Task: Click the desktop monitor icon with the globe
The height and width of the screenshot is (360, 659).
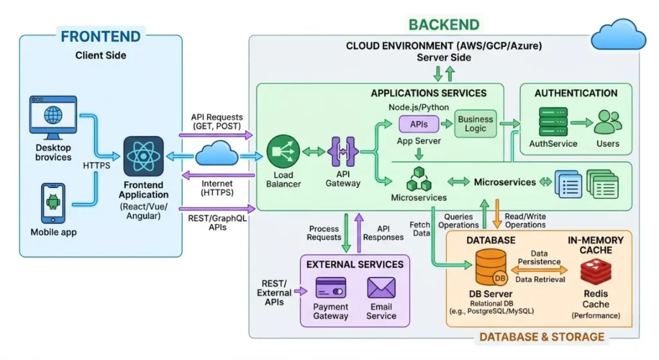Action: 53,118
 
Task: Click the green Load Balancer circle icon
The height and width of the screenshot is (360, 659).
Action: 283,152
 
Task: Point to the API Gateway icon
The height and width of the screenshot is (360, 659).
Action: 343,152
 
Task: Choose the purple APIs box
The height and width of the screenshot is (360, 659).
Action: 418,123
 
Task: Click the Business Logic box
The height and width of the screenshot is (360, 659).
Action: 476,124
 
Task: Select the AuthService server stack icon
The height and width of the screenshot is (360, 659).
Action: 553,122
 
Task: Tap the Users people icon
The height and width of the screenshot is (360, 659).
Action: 608,122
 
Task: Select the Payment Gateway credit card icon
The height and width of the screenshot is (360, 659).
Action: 331,287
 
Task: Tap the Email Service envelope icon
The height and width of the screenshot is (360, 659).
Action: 381,287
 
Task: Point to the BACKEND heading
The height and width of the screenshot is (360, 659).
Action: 444,24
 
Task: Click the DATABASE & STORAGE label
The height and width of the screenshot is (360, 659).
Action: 542,336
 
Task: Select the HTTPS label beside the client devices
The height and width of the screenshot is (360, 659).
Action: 96,166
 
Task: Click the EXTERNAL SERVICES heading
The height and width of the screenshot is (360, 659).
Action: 355,264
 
